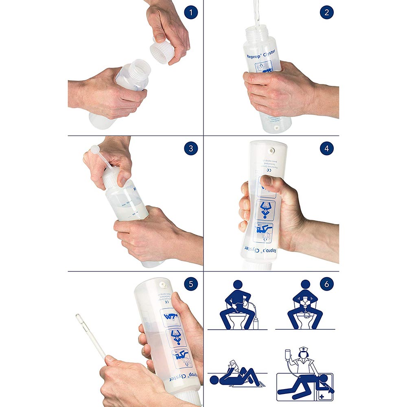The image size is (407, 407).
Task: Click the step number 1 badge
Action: point(191,12)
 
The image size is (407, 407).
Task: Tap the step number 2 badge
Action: point(326,12)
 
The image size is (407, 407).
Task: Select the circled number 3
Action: point(191,148)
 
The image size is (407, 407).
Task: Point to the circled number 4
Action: point(326,148)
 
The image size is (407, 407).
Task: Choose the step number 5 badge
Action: point(191,284)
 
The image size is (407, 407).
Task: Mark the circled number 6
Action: point(326,284)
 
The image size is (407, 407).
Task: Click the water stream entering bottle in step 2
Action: point(256,12)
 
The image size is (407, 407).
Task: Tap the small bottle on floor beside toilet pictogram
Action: point(256,323)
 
